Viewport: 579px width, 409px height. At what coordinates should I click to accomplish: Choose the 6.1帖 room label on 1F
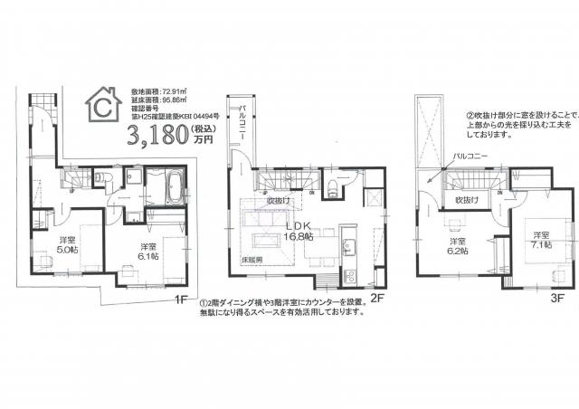pyautogui.click(x=150, y=252)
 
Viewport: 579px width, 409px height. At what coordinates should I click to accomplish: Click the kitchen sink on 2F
pyautogui.click(x=349, y=243)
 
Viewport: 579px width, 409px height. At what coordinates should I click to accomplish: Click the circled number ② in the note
pyautogui.click(x=470, y=116)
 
